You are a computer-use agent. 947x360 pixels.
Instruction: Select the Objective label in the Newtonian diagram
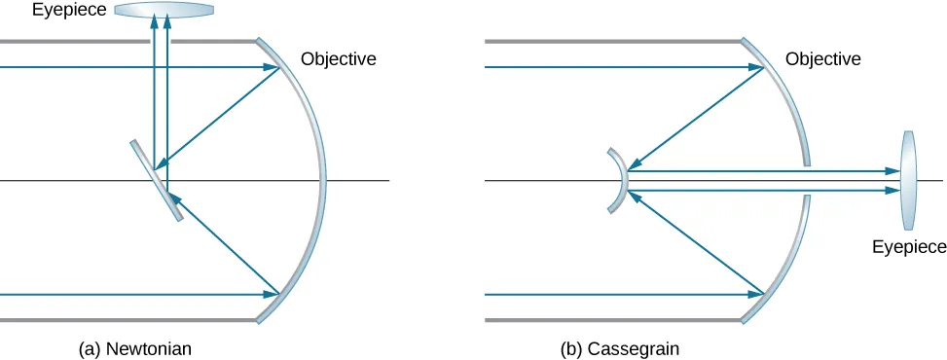(x=338, y=59)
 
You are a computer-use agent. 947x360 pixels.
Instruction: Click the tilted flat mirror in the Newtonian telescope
(x=156, y=180)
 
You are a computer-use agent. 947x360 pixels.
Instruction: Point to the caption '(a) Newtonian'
(x=142, y=347)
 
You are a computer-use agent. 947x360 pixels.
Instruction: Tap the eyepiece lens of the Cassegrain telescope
(x=908, y=180)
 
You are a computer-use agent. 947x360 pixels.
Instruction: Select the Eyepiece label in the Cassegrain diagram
(x=909, y=246)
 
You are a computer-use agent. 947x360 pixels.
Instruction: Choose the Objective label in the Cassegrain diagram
(x=822, y=59)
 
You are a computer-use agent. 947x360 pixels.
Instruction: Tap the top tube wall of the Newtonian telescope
(x=127, y=42)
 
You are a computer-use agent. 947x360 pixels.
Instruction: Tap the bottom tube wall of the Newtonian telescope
(x=127, y=319)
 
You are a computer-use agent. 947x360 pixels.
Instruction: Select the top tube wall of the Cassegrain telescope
(x=613, y=42)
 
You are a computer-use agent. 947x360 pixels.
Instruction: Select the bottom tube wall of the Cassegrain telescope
(x=613, y=319)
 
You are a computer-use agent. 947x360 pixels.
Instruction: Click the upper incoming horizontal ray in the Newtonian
(x=127, y=67)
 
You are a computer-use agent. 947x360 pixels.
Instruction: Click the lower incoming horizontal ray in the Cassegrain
(x=613, y=293)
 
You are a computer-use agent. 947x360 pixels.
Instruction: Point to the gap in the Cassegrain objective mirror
(x=807, y=180)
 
